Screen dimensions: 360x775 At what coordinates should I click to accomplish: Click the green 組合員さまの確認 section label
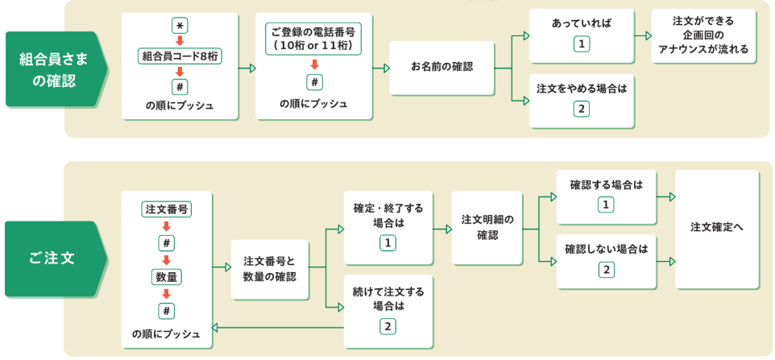pos(53,69)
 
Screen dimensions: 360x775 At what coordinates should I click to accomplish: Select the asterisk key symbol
pos(180,26)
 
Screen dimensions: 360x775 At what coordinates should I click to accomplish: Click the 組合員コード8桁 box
pos(180,56)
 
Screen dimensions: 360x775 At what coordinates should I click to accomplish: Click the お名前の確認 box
pos(441,67)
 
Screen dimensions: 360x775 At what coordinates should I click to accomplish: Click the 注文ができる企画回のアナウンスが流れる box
pos(704,36)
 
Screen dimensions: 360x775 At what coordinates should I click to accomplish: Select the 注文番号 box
pos(167,209)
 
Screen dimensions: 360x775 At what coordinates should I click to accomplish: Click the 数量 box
pos(167,277)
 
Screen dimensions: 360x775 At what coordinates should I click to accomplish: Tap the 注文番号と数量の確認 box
pos(269,269)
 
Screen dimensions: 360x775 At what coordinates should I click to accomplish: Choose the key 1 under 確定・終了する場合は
pos(387,243)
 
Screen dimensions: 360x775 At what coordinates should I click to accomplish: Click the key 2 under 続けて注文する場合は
pos(387,327)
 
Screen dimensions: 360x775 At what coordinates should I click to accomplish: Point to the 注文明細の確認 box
pos(487,227)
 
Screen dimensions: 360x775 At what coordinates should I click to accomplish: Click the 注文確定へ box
pos(717,228)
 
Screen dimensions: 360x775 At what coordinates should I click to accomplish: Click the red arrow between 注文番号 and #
pos(167,226)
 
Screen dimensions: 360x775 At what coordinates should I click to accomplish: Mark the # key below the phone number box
pos(314,81)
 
